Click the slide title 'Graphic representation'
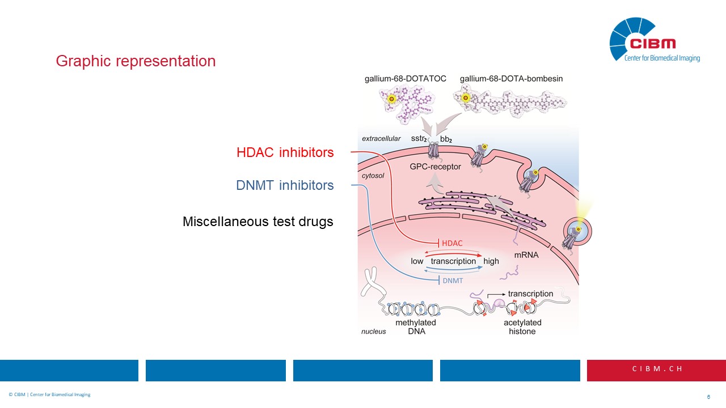(x=136, y=61)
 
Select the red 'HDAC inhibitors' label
(x=285, y=152)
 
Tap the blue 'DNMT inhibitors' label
(x=285, y=185)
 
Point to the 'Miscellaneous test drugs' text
(x=258, y=222)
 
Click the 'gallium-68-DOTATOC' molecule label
(x=405, y=79)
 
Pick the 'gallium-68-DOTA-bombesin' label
(x=511, y=79)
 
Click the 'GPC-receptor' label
(x=435, y=167)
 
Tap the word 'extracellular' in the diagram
(x=381, y=139)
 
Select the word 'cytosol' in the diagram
(x=373, y=176)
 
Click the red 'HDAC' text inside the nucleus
(x=452, y=243)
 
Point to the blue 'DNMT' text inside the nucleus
(x=452, y=280)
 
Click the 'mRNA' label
(x=526, y=255)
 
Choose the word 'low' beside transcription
(x=417, y=261)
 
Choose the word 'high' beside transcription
(x=491, y=261)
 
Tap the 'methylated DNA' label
(x=416, y=327)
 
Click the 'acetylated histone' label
(x=522, y=327)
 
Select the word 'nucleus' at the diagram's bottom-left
(x=373, y=331)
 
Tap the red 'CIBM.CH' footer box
(x=656, y=369)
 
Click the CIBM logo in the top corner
(x=653, y=40)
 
